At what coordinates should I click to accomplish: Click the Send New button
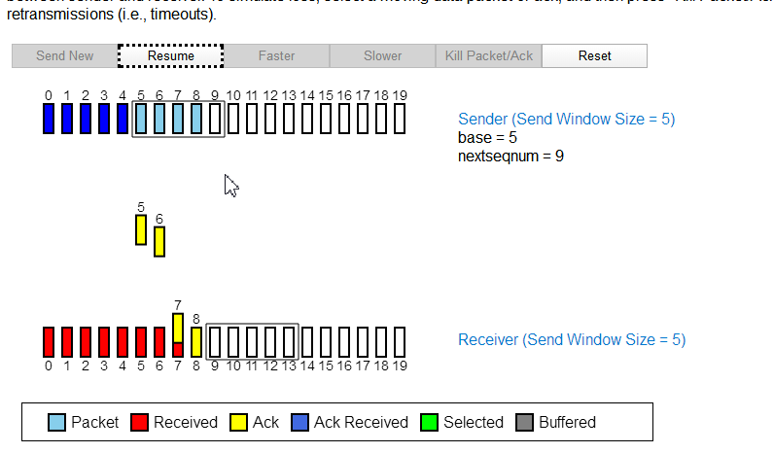click(65, 55)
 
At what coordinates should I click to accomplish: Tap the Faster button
click(276, 55)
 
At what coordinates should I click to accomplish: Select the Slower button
click(382, 55)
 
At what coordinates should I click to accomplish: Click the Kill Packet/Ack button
click(489, 55)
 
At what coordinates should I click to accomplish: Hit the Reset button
click(594, 55)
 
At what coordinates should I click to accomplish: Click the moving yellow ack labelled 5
click(141, 230)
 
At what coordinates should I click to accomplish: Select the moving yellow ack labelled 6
click(159, 241)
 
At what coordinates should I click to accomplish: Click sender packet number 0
click(49, 119)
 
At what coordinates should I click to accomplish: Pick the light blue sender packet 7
click(178, 119)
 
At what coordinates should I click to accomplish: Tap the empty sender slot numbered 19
click(399, 119)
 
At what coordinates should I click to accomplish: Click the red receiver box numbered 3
click(104, 341)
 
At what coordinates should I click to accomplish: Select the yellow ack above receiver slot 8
click(196, 341)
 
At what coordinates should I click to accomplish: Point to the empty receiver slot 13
click(289, 341)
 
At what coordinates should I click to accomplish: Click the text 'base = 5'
click(487, 137)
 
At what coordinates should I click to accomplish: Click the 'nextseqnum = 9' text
click(510, 156)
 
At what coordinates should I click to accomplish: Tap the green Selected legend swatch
click(430, 422)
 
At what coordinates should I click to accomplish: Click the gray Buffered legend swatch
click(525, 422)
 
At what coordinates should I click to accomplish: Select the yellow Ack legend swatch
click(238, 422)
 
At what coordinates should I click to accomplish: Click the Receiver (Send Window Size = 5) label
click(572, 339)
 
